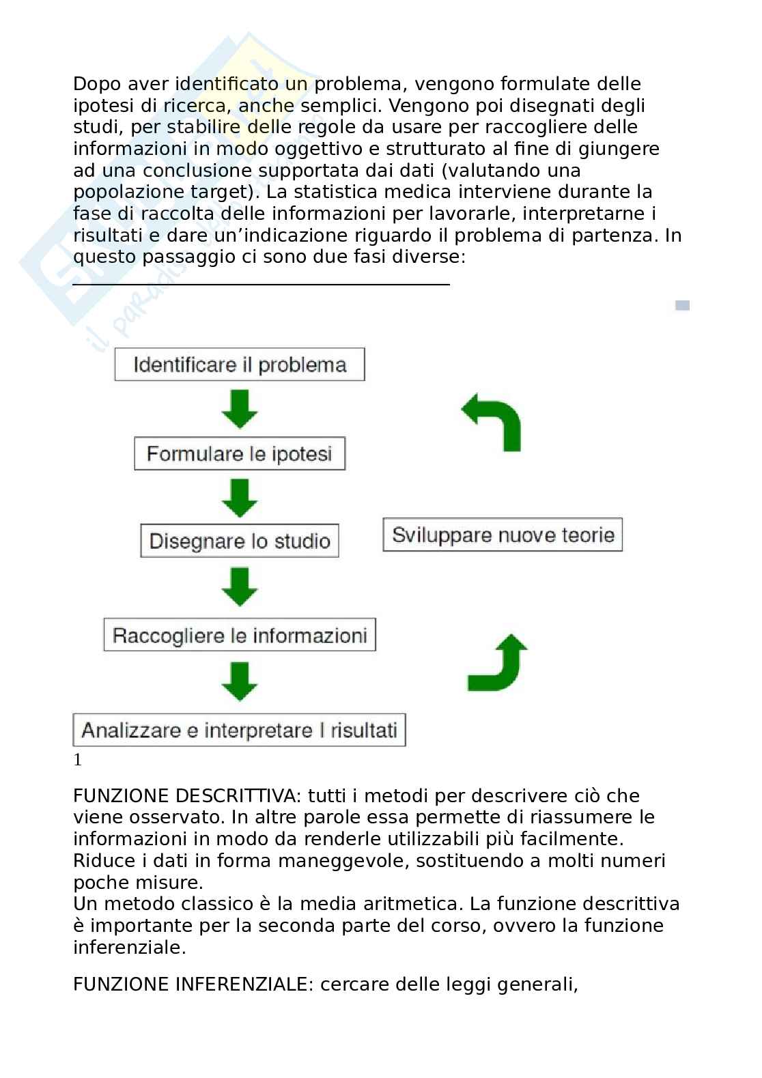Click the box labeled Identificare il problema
click(x=239, y=365)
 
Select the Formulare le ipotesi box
click(x=239, y=454)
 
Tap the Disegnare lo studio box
click(x=239, y=541)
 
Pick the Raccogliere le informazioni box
click(x=239, y=636)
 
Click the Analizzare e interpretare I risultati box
click(x=239, y=731)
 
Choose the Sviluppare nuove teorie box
click(x=503, y=535)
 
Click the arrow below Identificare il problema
click(x=240, y=409)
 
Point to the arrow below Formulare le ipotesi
click(x=240, y=498)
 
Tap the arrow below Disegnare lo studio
click(x=240, y=587)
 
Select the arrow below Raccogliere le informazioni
click(x=240, y=681)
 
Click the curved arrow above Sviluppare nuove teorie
click(x=494, y=423)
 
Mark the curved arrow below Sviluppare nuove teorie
click(x=498, y=663)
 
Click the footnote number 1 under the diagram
click(x=78, y=760)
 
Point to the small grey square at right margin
click(x=682, y=305)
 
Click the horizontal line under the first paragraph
click(x=261, y=284)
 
